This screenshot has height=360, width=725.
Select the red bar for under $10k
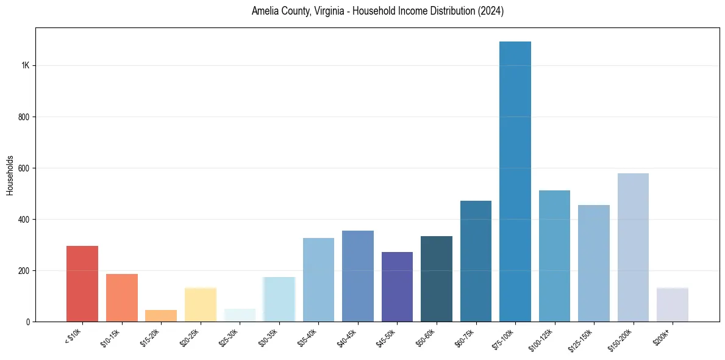[x=82, y=283]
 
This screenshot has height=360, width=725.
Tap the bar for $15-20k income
[x=161, y=315]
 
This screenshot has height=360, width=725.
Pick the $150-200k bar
[x=633, y=247]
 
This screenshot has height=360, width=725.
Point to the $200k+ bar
[x=673, y=304]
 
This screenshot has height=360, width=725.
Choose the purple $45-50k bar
[x=397, y=286]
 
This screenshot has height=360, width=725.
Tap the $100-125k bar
[x=554, y=256]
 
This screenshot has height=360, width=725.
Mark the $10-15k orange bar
[x=122, y=297]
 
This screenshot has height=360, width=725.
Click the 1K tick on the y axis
[x=26, y=65]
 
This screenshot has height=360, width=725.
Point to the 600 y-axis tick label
[x=24, y=168]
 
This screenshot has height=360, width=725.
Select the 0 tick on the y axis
[x=27, y=322]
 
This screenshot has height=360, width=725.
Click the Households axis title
[x=10, y=175]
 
